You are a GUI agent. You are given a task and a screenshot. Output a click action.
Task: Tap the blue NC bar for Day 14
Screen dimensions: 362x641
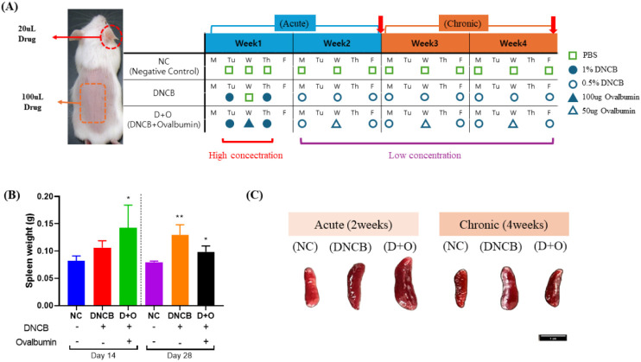coord(76,276)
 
